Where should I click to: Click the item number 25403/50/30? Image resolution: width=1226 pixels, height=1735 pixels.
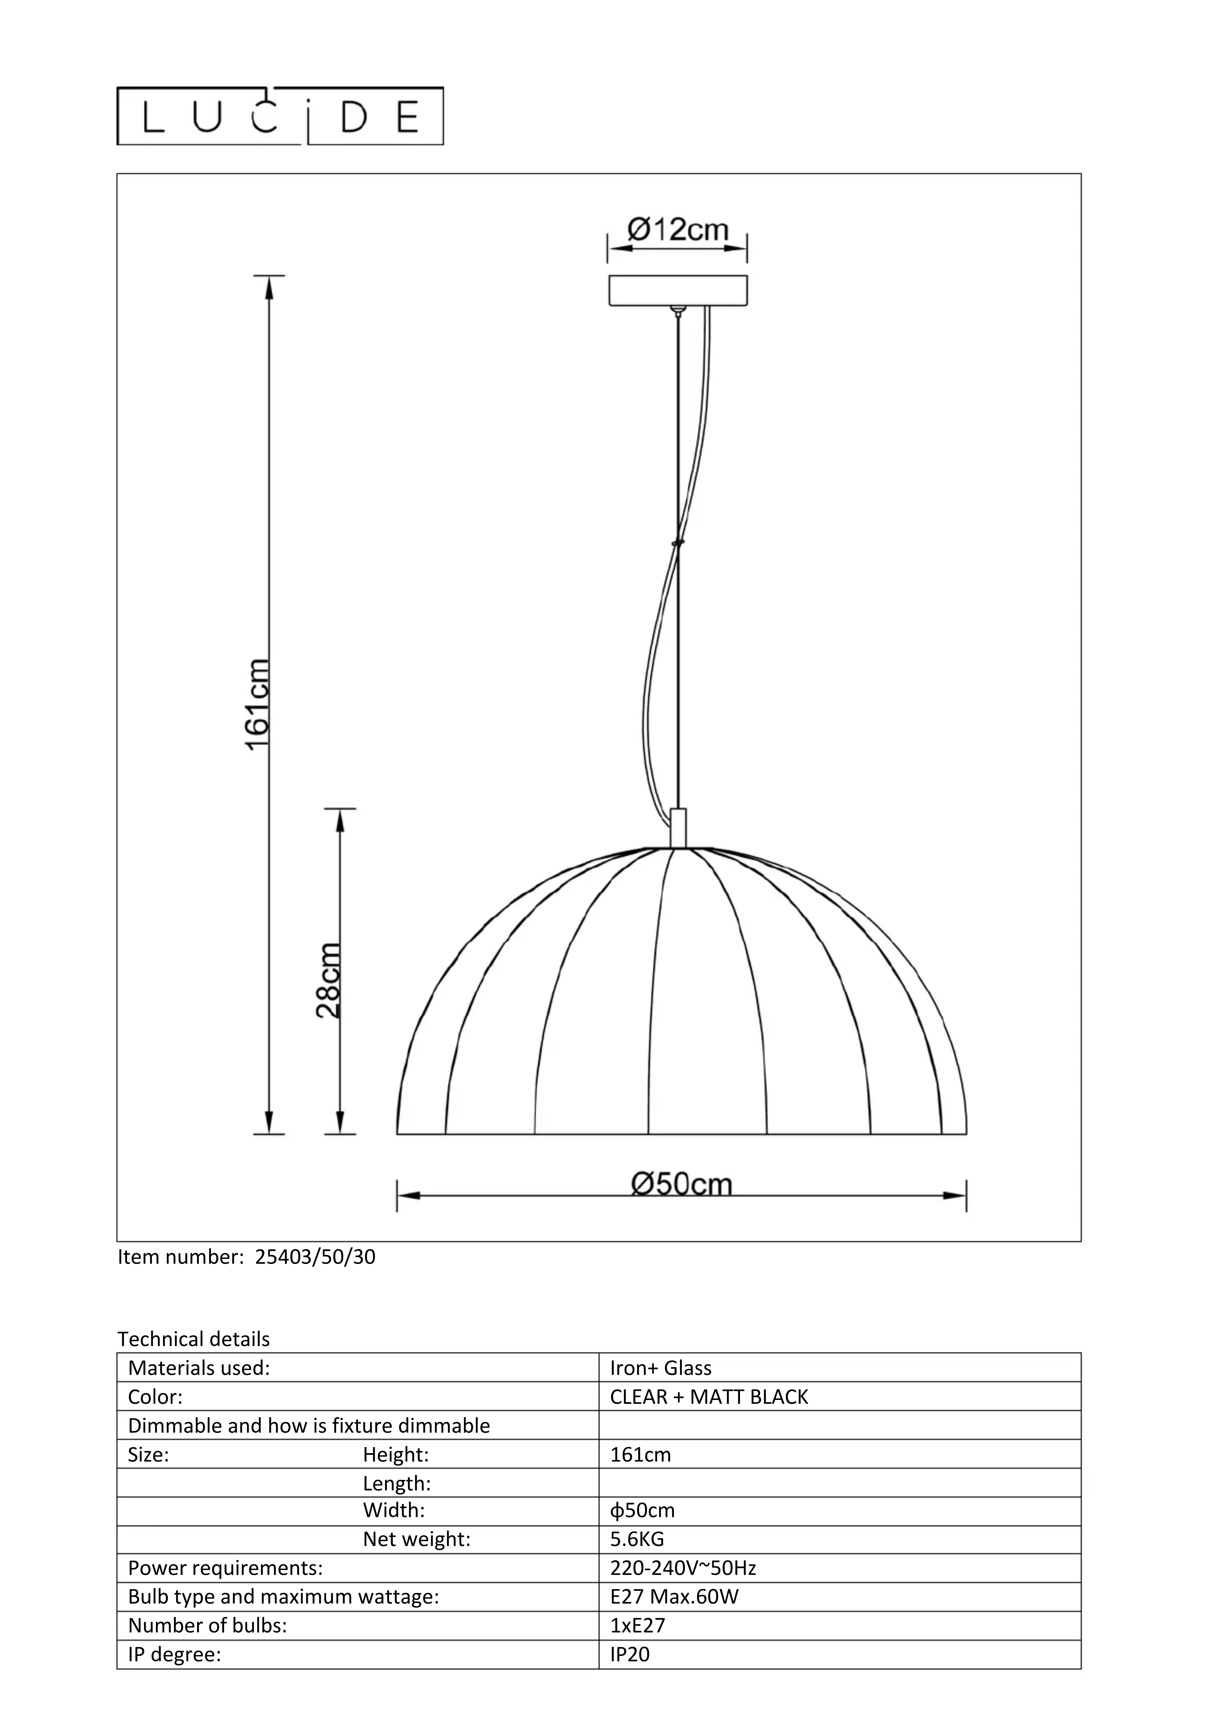315,1257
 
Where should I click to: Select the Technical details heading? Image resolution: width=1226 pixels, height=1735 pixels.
194,1339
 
